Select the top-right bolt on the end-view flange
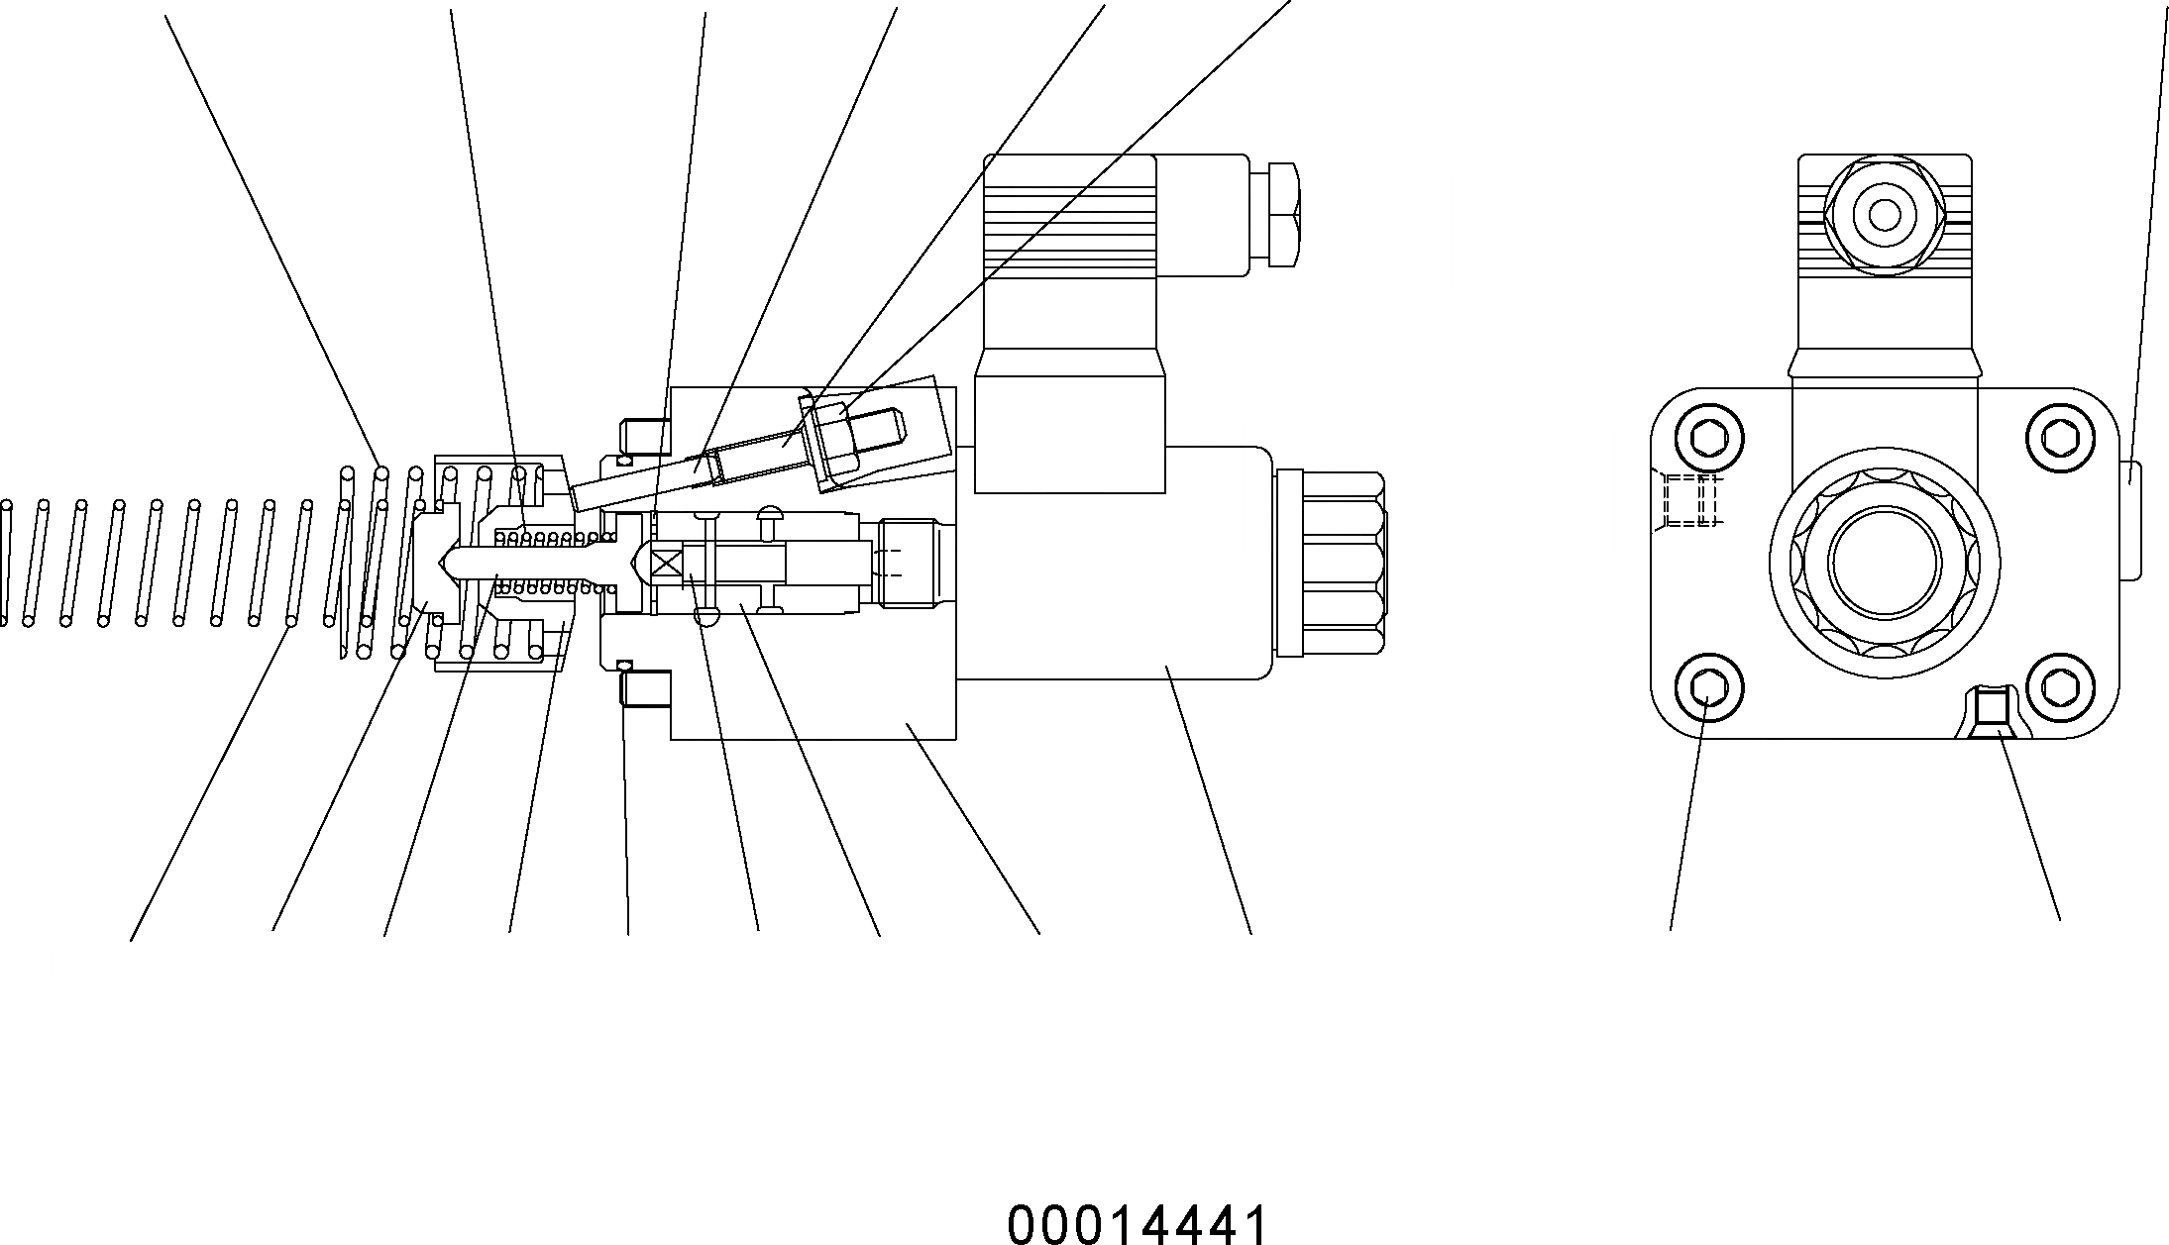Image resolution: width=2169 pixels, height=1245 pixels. tap(2061, 436)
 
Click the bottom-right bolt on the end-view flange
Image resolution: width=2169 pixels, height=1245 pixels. tap(2061, 685)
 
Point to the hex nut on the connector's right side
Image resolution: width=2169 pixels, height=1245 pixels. tap(1284, 215)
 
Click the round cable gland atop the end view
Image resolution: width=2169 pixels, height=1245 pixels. tap(1885, 216)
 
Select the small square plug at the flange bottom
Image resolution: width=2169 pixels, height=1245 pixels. tap(1993, 707)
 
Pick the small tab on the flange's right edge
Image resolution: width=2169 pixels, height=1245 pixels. tap(2130, 519)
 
